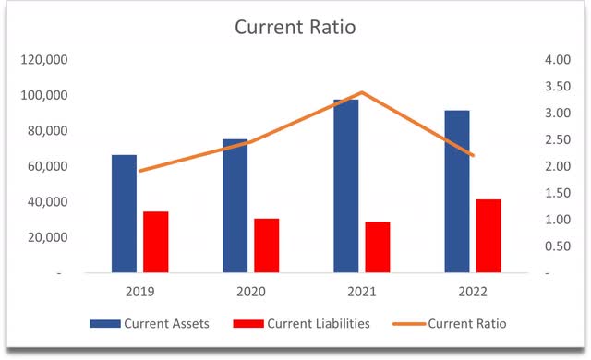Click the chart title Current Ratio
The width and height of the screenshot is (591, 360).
[x=295, y=27]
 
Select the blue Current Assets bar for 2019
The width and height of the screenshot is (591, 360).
[x=124, y=213]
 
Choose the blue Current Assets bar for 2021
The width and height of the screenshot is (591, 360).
[x=345, y=186]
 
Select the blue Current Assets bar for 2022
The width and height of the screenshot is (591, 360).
[x=456, y=191]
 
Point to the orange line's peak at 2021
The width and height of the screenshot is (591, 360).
[x=362, y=92]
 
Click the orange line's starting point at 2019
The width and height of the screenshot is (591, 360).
[x=139, y=171]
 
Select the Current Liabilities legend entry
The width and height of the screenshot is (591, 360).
[x=304, y=323]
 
